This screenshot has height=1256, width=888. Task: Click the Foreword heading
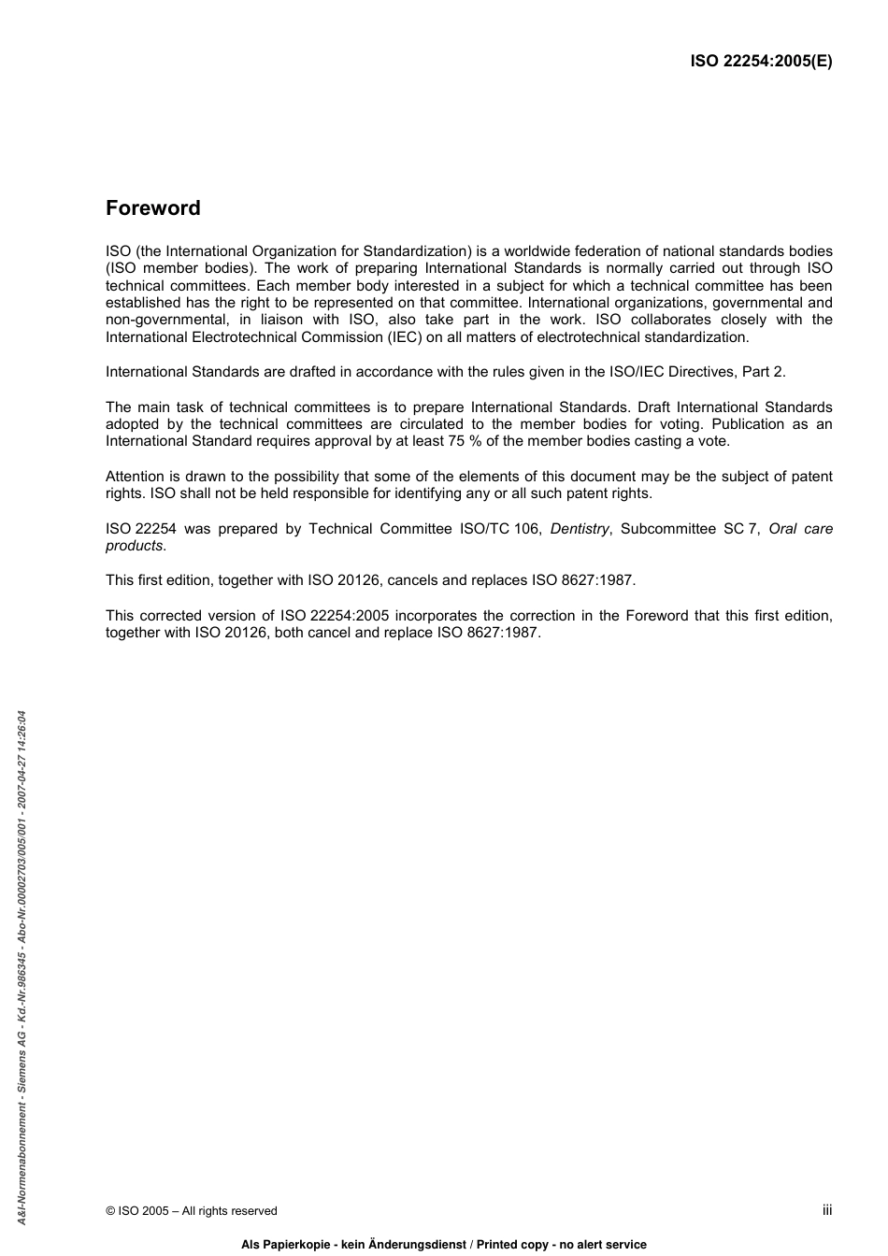(152, 208)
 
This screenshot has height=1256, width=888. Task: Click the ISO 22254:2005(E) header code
(760, 62)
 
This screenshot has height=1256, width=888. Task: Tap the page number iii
(826, 1209)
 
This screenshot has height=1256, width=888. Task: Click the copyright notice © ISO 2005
(192, 1211)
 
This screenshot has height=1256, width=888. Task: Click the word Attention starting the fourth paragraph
(135, 477)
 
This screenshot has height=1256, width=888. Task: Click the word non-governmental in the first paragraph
(159, 320)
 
